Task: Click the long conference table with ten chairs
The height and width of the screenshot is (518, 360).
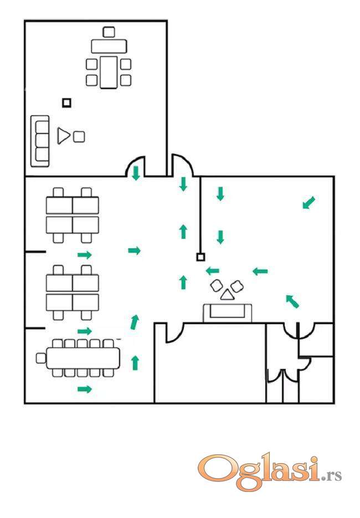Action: (x=83, y=358)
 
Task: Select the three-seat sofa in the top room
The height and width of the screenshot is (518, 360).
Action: (x=40, y=141)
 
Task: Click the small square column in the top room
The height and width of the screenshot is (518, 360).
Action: (x=66, y=102)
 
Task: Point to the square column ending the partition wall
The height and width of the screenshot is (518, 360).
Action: (x=200, y=257)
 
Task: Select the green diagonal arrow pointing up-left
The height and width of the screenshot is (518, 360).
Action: (x=292, y=301)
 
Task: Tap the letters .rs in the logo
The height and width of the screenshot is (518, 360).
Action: (x=332, y=475)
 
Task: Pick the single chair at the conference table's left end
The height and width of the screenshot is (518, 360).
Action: (x=40, y=358)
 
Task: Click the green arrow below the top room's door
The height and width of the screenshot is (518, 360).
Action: (x=136, y=173)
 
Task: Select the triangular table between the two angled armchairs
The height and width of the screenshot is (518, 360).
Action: (x=226, y=294)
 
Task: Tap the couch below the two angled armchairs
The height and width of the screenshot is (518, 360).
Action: (x=228, y=312)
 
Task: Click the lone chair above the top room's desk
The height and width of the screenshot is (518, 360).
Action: (x=109, y=32)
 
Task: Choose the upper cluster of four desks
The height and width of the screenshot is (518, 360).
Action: (x=73, y=215)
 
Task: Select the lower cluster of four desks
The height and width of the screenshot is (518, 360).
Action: (x=73, y=293)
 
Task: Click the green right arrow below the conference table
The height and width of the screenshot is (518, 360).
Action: (x=84, y=389)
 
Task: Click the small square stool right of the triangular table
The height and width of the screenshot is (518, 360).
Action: (x=79, y=136)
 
